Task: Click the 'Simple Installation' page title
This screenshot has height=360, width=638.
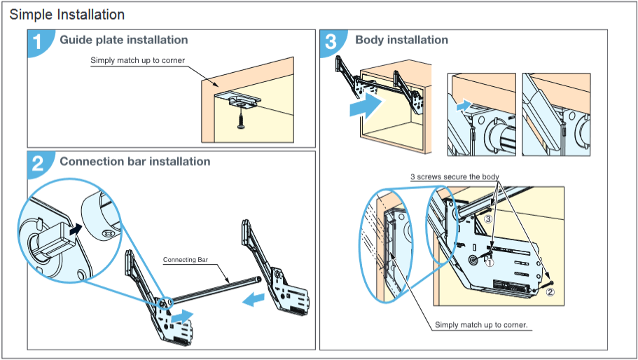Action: (67, 14)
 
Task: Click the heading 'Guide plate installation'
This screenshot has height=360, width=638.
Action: (123, 40)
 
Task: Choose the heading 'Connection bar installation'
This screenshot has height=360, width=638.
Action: (134, 161)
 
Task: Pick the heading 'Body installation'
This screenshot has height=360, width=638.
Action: (401, 40)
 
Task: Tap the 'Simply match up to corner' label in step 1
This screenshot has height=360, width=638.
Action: (137, 60)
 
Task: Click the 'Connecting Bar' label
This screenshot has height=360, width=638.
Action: (186, 260)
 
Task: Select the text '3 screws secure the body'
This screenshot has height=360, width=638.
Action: (455, 176)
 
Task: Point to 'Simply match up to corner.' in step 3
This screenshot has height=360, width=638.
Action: (481, 325)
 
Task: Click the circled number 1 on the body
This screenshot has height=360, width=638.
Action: (490, 263)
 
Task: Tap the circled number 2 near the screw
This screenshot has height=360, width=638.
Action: (550, 293)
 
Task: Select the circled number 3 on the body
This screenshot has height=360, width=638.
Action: (489, 219)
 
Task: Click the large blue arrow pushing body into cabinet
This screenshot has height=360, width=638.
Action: (366, 107)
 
